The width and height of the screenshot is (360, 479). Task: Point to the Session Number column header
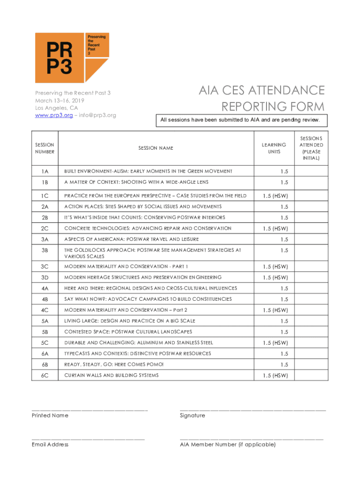(x=44, y=148)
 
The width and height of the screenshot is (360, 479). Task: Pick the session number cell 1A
(x=45, y=171)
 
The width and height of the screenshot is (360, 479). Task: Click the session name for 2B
(x=144, y=218)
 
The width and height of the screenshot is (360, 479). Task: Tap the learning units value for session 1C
(x=275, y=196)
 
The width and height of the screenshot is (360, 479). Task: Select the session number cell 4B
(x=45, y=299)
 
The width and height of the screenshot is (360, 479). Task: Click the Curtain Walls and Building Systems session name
(x=111, y=375)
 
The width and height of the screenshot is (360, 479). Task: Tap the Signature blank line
(x=252, y=409)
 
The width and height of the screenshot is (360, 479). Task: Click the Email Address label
(x=50, y=444)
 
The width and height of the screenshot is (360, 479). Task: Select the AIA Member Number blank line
(x=252, y=439)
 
